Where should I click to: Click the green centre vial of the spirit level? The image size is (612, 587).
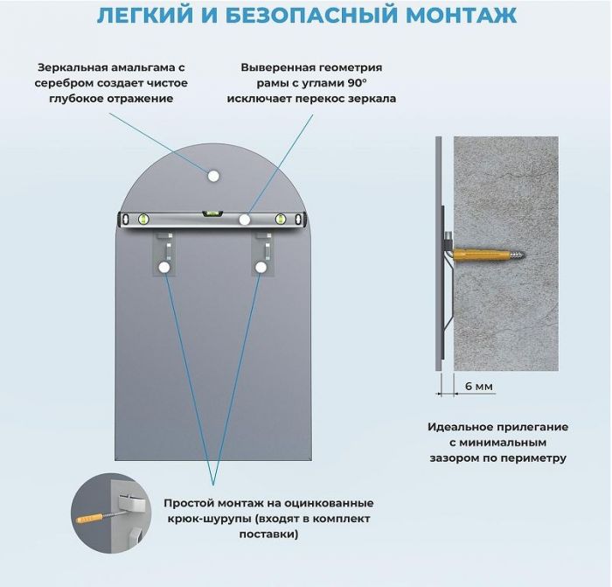point(212,212)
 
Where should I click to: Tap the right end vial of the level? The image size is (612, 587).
point(281,219)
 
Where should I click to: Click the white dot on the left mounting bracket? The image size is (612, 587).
point(164,268)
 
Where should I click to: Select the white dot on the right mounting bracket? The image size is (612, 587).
point(259,268)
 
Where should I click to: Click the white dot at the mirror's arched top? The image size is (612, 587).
point(212,176)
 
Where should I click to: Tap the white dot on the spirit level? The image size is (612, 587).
point(246,219)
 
